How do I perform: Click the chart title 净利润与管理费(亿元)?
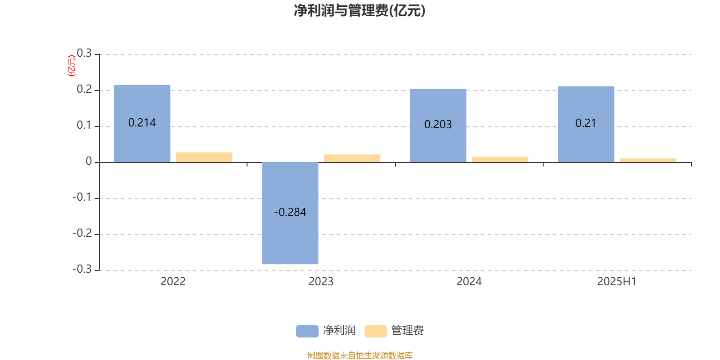[360, 11]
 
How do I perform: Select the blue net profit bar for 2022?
[142, 124]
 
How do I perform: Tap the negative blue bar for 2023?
[290, 213]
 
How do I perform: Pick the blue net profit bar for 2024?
[438, 126]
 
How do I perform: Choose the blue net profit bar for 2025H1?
[586, 124]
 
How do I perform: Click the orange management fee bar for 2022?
[204, 157]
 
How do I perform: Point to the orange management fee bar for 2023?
[352, 158]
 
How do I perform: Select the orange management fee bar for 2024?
[500, 159]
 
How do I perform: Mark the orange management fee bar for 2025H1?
[648, 160]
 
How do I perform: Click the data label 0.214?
[142, 123]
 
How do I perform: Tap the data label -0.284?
[290, 212]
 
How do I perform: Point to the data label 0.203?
[438, 124]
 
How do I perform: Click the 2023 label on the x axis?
[321, 282]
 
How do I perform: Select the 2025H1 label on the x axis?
[617, 282]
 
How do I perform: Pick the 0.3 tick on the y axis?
[84, 53]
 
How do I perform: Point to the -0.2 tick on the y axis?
[82, 233]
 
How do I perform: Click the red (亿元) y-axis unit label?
[72, 66]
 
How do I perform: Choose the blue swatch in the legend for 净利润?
[307, 331]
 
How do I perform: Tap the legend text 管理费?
[408, 330]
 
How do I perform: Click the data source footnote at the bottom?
[360, 355]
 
